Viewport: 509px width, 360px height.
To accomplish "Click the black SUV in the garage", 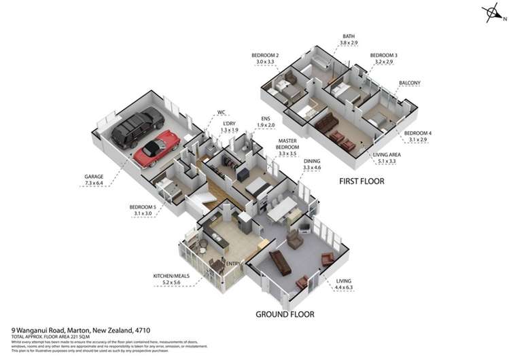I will [x=137, y=127].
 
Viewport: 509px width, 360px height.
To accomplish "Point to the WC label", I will [x=221, y=112].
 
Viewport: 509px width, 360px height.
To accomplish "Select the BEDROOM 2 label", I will [x=264, y=58].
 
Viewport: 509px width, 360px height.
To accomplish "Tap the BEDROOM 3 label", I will [x=383, y=58].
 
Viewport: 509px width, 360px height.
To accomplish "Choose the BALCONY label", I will [x=410, y=83].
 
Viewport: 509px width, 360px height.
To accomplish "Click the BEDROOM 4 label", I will [x=417, y=136].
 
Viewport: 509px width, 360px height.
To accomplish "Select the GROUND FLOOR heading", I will [x=284, y=314].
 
